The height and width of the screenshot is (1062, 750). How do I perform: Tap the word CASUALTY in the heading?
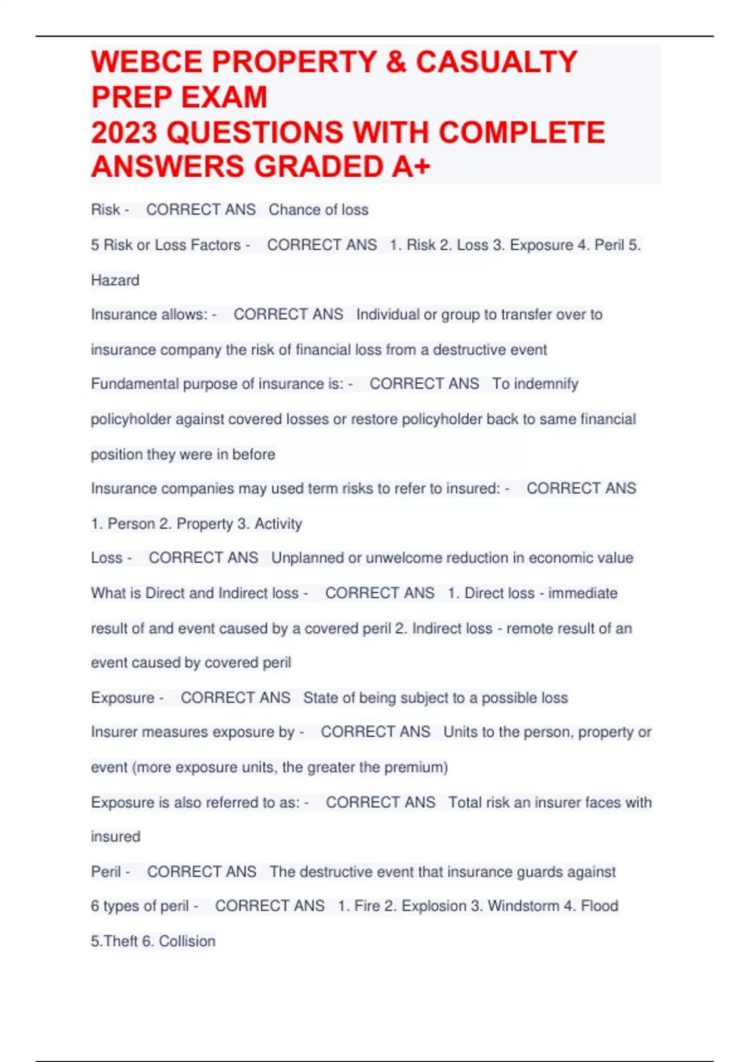pyautogui.click(x=496, y=62)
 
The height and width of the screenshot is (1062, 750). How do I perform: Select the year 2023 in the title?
pyautogui.click(x=124, y=132)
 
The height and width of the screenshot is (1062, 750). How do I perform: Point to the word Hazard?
pyautogui.click(x=115, y=280)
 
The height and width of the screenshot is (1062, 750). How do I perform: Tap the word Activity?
pyautogui.click(x=278, y=524)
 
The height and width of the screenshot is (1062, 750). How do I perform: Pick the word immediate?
pyautogui.click(x=582, y=593)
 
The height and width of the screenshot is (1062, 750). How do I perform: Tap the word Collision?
pyautogui.click(x=187, y=941)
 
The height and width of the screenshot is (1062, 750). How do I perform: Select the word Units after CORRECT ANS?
pyautogui.click(x=460, y=732)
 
